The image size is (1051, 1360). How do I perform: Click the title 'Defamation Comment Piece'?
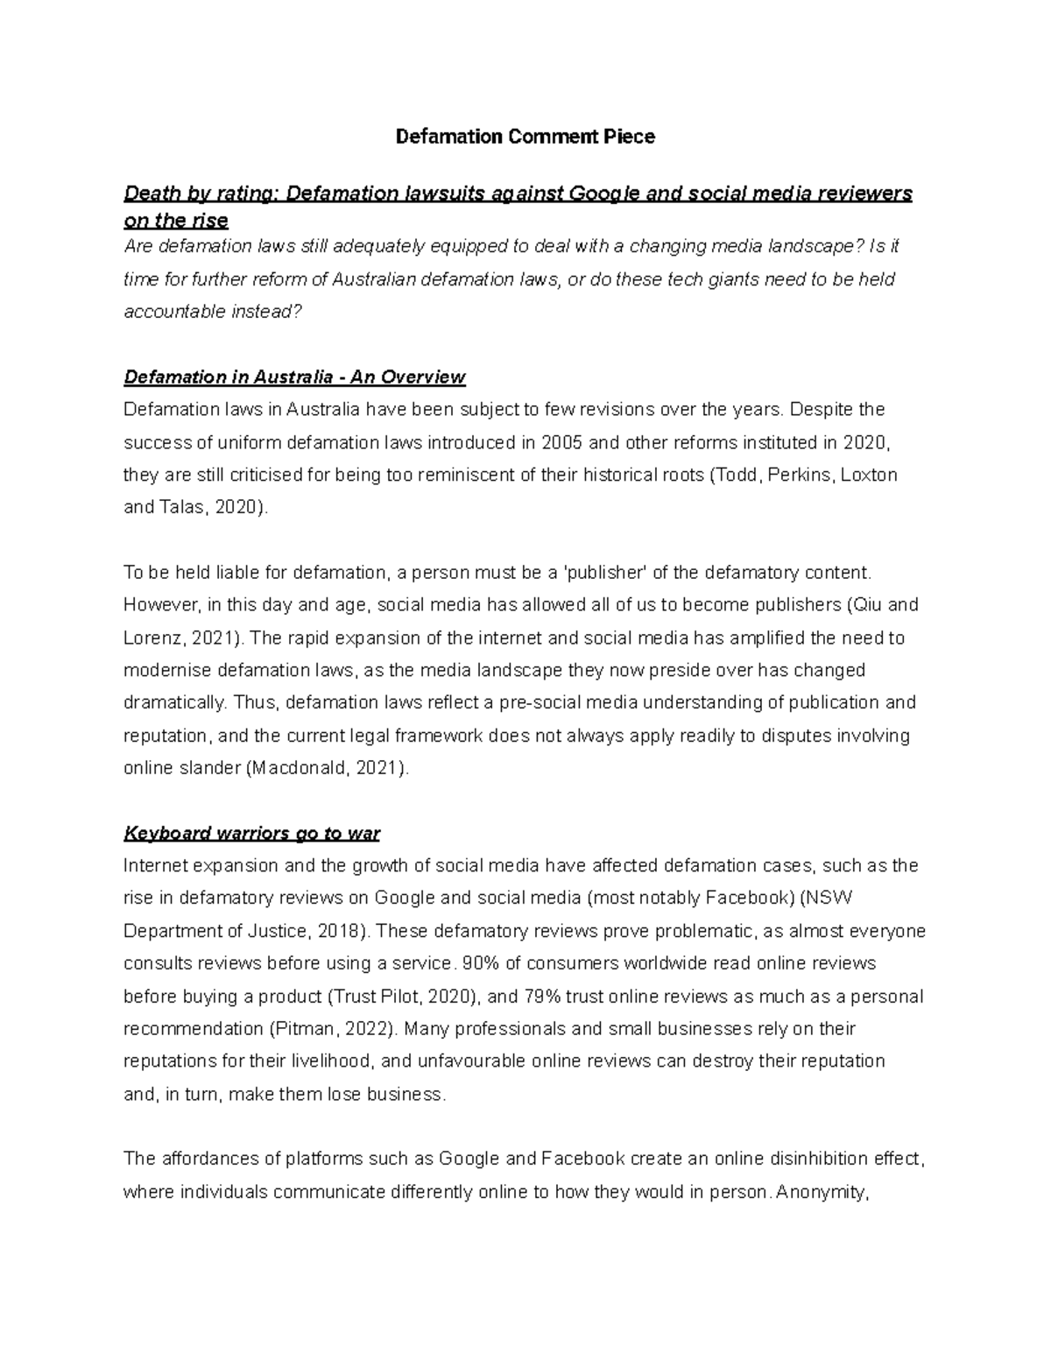525,137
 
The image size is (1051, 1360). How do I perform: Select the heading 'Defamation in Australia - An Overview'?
294,377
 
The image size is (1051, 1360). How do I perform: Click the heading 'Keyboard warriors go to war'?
251,833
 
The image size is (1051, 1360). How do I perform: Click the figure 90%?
481,963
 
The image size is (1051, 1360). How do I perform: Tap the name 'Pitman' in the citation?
307,1029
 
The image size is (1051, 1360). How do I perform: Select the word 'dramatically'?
173,702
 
